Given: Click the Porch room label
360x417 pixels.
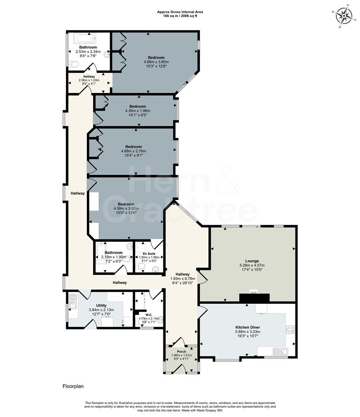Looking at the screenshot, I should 181,352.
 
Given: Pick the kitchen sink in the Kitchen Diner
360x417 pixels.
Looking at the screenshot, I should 280,351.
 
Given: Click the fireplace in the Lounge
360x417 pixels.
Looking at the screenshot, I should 254,297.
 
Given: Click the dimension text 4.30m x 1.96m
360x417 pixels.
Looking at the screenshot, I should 138,111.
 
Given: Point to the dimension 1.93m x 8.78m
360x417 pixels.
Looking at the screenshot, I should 183,278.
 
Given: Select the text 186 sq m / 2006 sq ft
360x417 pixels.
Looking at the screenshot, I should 180,16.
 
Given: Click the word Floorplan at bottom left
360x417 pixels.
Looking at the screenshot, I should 73,386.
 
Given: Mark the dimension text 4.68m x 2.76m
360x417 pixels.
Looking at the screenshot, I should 133,151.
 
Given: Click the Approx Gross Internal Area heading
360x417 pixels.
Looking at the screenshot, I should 180,12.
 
